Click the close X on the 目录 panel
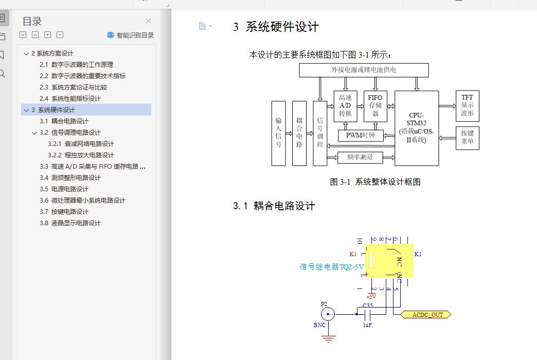148,21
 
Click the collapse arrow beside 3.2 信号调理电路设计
34,133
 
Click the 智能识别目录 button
130,35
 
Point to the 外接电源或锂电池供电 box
364,70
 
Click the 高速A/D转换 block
345,106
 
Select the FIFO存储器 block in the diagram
375,106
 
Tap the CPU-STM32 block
417,128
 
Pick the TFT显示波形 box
467,105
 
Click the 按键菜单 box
467,138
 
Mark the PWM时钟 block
360,136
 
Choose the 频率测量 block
360,157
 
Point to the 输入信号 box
278,133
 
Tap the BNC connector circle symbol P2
327,314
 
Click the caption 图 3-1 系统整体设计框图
375,182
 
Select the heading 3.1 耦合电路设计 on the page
274,206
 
